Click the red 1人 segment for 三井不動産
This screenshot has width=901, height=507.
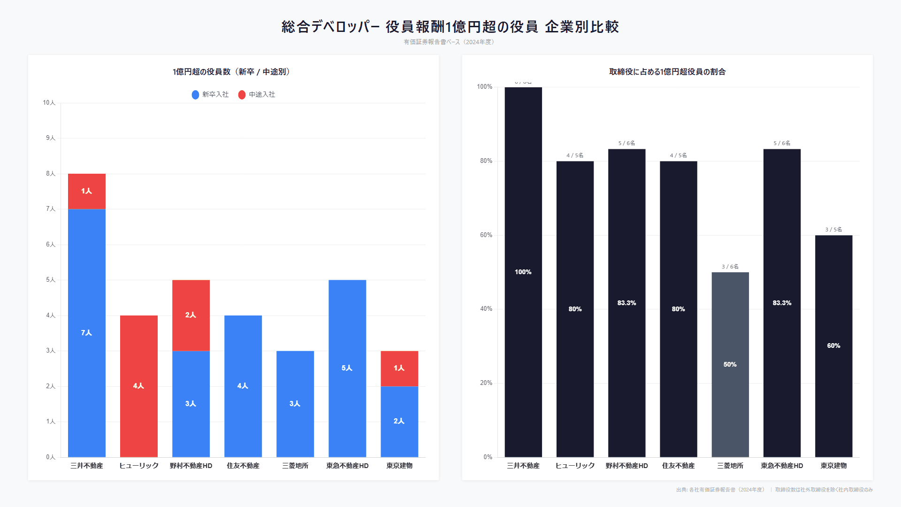tap(87, 191)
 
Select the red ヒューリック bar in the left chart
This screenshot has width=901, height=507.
tap(139, 386)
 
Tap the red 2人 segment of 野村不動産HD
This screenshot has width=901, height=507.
tap(191, 315)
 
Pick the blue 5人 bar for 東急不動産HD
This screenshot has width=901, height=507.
tap(347, 368)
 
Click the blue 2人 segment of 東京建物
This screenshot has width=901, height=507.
tap(399, 421)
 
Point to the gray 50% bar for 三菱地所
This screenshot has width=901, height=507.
tap(730, 364)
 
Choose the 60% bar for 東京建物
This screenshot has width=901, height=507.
tap(834, 346)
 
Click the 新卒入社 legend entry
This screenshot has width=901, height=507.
tap(210, 95)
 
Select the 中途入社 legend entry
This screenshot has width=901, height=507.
tap(257, 95)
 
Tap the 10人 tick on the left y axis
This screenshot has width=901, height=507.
tap(49, 103)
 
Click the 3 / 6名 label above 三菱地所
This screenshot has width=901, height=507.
tap(730, 267)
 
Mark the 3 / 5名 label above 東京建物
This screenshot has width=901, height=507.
tap(834, 230)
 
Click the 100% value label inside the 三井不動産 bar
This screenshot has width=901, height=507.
tap(523, 272)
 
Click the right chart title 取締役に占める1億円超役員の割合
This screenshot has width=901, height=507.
tap(667, 72)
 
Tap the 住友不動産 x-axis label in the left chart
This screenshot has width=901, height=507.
tap(243, 466)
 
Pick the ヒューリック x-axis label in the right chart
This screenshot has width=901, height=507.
tap(575, 466)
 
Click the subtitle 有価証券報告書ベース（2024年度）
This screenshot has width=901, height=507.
tap(450, 42)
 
